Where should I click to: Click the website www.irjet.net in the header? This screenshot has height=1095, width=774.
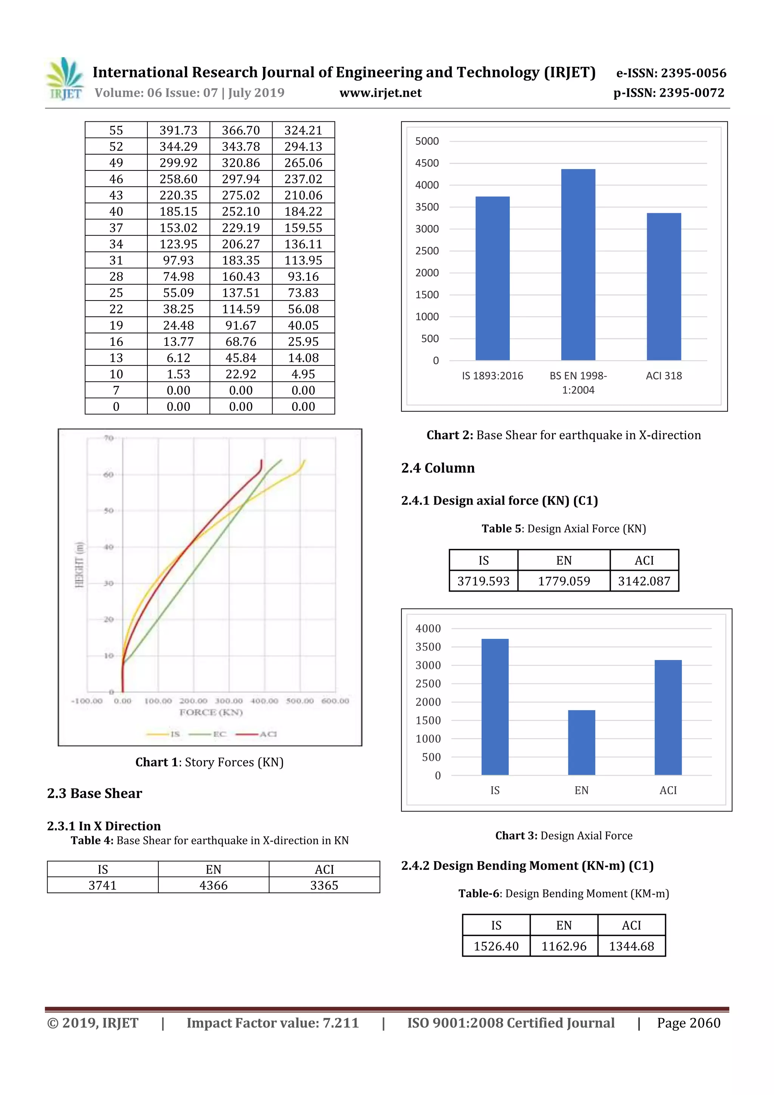pyautogui.click(x=380, y=93)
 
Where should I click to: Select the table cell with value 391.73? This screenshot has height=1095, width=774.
pyautogui.click(x=178, y=130)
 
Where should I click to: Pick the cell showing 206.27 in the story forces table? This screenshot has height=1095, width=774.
pyautogui.click(x=241, y=244)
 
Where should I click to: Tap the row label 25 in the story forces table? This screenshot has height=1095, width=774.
pyautogui.click(x=116, y=293)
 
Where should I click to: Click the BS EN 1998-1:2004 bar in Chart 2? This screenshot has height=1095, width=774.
pyautogui.click(x=578, y=265)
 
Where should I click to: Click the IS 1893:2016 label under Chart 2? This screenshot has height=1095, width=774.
pyautogui.click(x=492, y=376)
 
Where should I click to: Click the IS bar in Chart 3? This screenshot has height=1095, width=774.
pyautogui.click(x=495, y=706)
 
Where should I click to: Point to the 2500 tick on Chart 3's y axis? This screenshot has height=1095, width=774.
pyautogui.click(x=428, y=684)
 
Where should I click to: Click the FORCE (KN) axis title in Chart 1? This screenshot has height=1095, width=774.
pyautogui.click(x=211, y=712)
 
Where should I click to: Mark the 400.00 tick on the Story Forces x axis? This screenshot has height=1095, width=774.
pyautogui.click(x=264, y=701)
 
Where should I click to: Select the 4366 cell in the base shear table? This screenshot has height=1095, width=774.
pyautogui.click(x=213, y=885)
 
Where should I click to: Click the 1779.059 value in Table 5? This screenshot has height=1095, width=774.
pyautogui.click(x=564, y=581)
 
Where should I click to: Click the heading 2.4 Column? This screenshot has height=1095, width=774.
pyautogui.click(x=437, y=468)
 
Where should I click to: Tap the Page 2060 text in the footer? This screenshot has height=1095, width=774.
pyautogui.click(x=688, y=1023)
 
